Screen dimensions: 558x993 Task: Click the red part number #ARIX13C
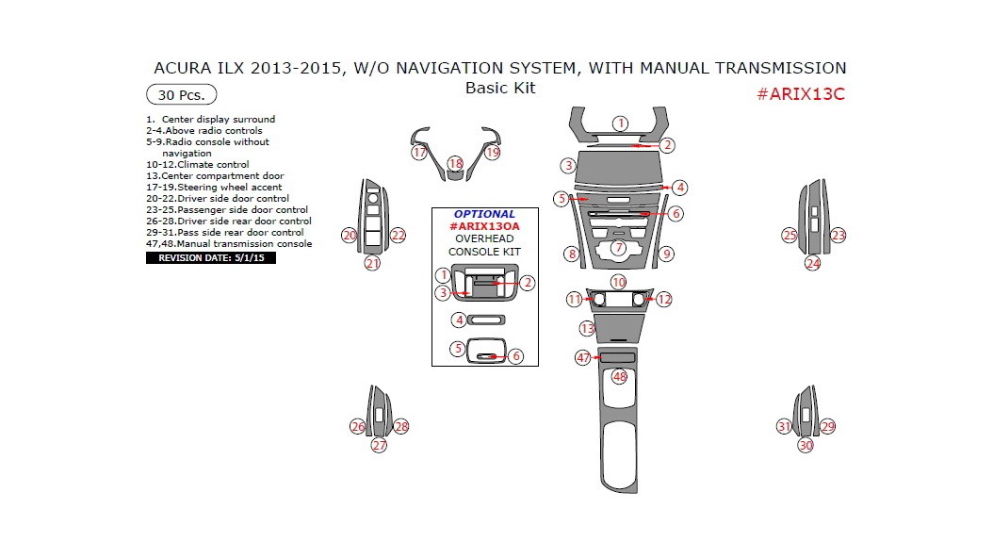[x=802, y=94]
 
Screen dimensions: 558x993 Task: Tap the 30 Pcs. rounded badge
[x=181, y=94]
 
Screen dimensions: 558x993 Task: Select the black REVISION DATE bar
[x=211, y=257]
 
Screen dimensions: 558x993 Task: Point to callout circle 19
[x=492, y=152]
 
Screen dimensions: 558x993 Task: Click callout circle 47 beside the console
[x=583, y=357]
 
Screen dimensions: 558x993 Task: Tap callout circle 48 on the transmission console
[x=619, y=376]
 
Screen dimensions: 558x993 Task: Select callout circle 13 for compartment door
[x=587, y=329]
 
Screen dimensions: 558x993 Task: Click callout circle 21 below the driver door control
[x=373, y=264]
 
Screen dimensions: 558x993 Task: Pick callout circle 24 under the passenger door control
[x=813, y=264]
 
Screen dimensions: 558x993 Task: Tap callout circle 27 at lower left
[x=379, y=445]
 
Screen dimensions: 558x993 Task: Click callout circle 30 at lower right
[x=806, y=445]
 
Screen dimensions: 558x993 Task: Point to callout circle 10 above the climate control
[x=618, y=282]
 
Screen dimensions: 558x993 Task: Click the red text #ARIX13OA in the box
[x=484, y=226]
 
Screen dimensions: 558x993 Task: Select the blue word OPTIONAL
[x=484, y=214]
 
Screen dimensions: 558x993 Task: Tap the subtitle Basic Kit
[x=500, y=88]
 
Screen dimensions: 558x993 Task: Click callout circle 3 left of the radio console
[x=567, y=165]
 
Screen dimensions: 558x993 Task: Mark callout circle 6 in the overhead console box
[x=516, y=356]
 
